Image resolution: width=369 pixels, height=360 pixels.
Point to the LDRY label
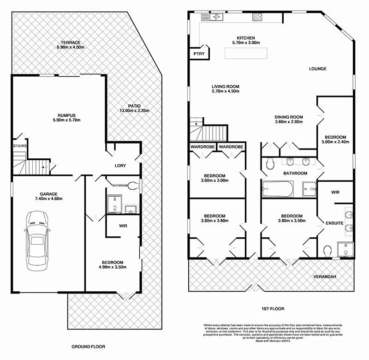click(x=120, y=165)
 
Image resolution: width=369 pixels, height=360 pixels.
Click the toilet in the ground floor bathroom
click(x=133, y=186)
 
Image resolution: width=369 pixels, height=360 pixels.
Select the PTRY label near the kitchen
click(x=199, y=54)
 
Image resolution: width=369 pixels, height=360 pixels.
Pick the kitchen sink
click(x=214, y=18)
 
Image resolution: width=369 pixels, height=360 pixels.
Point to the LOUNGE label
click(x=318, y=69)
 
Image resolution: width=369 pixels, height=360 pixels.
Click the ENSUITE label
click(x=334, y=223)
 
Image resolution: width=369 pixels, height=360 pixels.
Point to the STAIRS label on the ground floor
click(x=20, y=146)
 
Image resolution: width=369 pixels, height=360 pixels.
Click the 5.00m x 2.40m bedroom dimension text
click(x=335, y=142)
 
